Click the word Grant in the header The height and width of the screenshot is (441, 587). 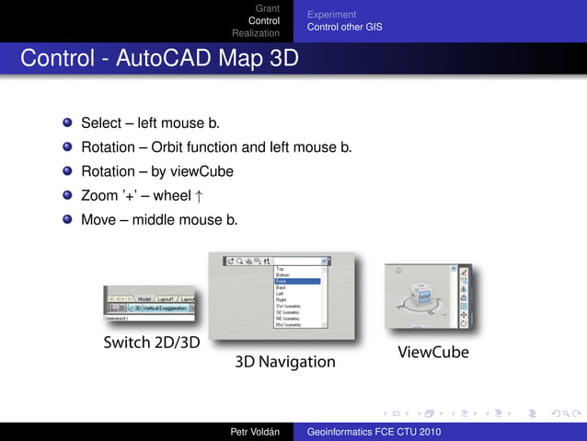(x=267, y=8)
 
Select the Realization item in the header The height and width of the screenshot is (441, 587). (x=256, y=32)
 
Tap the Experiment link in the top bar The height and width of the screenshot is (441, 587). (x=331, y=15)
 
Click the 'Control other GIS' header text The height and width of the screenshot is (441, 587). (x=344, y=27)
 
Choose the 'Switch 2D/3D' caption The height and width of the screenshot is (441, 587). (x=152, y=343)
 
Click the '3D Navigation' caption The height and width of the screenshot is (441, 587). (x=285, y=362)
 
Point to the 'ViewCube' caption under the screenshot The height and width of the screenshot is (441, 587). (x=432, y=352)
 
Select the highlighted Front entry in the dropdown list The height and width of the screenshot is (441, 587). (x=296, y=282)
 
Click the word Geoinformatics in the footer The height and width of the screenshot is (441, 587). (x=342, y=431)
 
